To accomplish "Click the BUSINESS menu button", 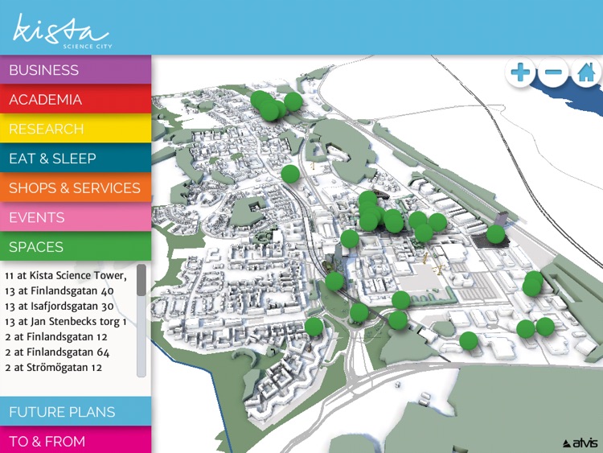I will click(76, 70).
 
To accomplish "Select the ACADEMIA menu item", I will click(76, 100).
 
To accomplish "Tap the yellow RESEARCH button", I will click(76, 129).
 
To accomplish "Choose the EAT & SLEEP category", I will click(76, 159).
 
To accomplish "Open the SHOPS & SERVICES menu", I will click(76, 188).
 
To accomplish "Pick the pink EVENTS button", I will click(76, 217).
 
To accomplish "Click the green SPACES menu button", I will click(76, 247).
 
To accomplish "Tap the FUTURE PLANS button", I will click(76, 412).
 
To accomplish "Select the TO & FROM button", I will click(76, 441).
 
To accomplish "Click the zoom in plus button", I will click(521, 73).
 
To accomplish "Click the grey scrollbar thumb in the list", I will click(142, 280).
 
